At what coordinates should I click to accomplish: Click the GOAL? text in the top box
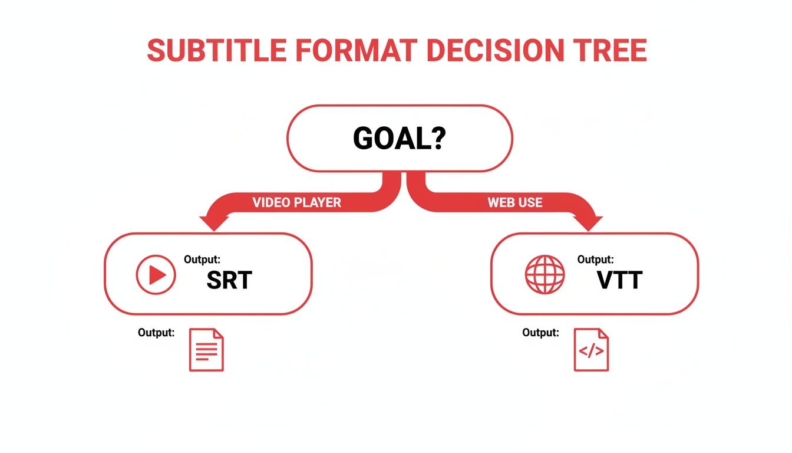tap(399, 139)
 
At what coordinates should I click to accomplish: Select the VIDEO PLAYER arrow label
tap(296, 202)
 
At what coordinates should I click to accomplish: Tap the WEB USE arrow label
tap(514, 202)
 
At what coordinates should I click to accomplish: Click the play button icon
tap(156, 274)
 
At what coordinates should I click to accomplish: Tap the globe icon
tap(544, 274)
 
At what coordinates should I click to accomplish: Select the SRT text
tap(229, 281)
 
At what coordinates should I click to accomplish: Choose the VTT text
tap(619, 281)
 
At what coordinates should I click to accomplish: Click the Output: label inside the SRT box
tap(202, 259)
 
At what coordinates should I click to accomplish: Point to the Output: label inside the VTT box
tap(595, 259)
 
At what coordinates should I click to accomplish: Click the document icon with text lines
tap(206, 350)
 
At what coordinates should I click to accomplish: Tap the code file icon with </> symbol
tap(591, 350)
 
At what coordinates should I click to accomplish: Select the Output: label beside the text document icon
tap(156, 333)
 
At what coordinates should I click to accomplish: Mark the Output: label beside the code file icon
tap(540, 333)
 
